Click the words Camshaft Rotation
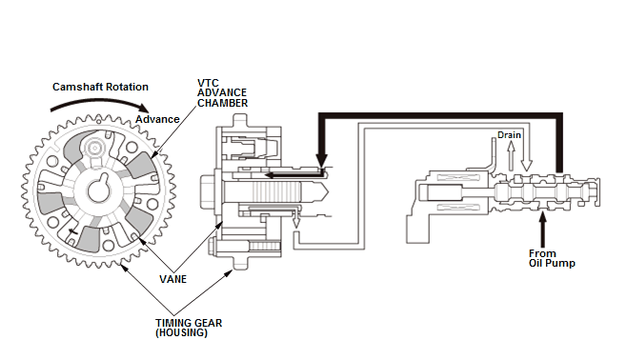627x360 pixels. [x=100, y=87]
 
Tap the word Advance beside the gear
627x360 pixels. [x=157, y=119]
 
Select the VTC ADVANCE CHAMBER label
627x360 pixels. [x=222, y=93]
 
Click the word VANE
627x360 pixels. [x=172, y=279]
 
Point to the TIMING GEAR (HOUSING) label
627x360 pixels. [x=189, y=328]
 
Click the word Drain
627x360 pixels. [x=509, y=135]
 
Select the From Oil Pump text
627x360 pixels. [x=552, y=258]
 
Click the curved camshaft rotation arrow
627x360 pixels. [x=99, y=103]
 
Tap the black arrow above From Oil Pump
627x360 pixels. [x=542, y=230]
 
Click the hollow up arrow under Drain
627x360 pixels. [x=511, y=156]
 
